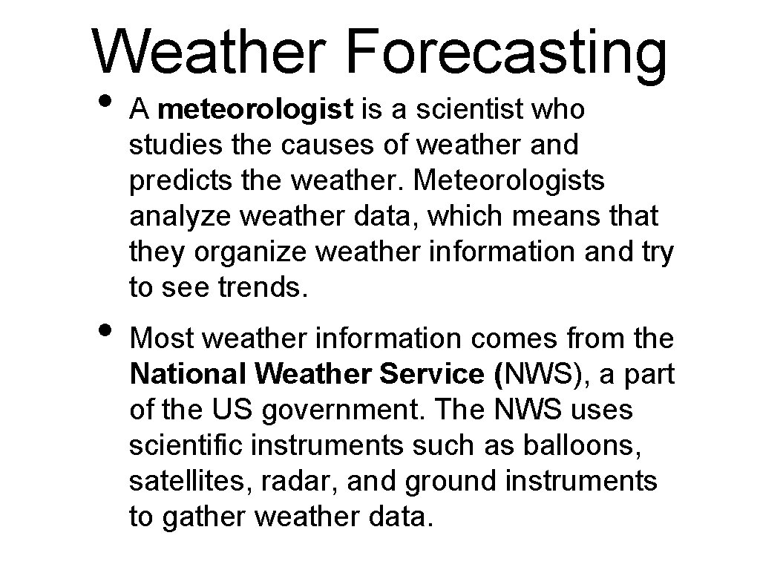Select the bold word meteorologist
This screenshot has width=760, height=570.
click(x=255, y=110)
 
